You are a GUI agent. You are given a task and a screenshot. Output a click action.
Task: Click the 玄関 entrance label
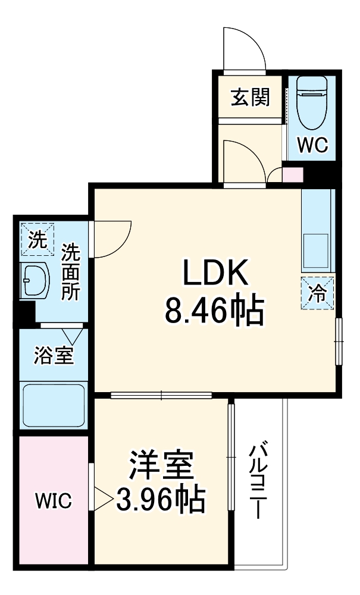pos(250,96)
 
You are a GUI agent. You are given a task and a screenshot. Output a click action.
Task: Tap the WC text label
pos(312,145)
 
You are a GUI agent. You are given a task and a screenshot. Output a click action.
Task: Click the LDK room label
pos(214,274)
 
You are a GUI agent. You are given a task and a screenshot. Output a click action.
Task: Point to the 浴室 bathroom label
pos(54,356)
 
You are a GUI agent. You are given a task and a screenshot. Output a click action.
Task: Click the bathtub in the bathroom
pos(54,405)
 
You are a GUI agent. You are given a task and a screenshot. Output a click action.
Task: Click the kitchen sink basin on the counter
pos(317,249)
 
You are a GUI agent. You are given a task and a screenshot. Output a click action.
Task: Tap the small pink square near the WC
pos(292,176)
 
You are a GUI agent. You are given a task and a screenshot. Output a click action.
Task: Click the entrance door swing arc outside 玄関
pos(244,48)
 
